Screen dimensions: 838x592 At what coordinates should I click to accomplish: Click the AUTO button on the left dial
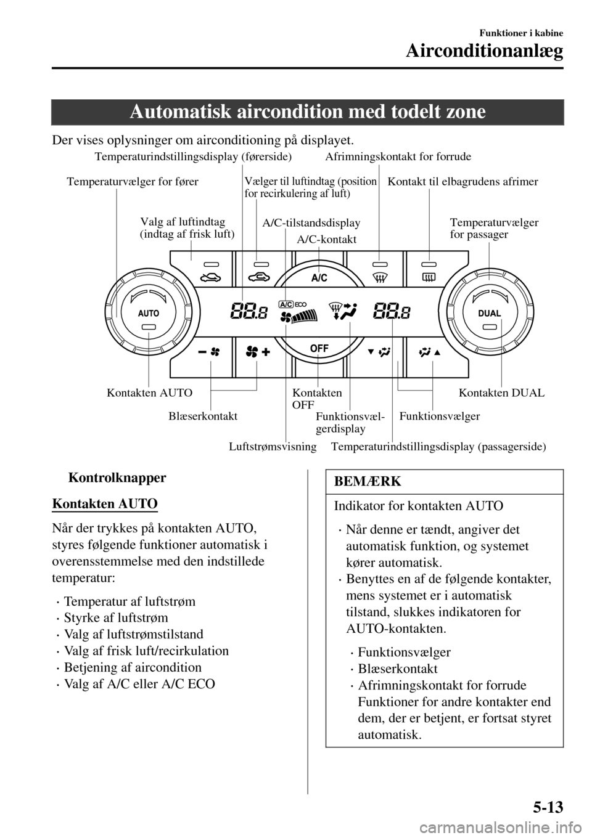point(149,313)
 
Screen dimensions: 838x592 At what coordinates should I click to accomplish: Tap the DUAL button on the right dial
point(489,313)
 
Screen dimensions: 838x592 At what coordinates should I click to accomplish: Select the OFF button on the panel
point(319,348)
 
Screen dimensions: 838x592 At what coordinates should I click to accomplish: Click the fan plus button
point(257,352)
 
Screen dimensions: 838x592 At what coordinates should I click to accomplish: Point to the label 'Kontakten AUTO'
point(150,393)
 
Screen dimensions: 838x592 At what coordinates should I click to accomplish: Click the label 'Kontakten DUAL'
point(502,393)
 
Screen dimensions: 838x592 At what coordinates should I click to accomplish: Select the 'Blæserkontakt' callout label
point(203,416)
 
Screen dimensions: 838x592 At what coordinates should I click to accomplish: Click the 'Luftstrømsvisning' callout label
point(273,445)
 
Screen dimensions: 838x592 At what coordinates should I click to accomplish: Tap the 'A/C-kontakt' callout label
point(327,239)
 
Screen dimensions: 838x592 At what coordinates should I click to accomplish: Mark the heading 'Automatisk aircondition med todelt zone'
point(307,112)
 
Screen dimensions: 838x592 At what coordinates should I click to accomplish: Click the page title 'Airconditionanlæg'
point(484,51)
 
